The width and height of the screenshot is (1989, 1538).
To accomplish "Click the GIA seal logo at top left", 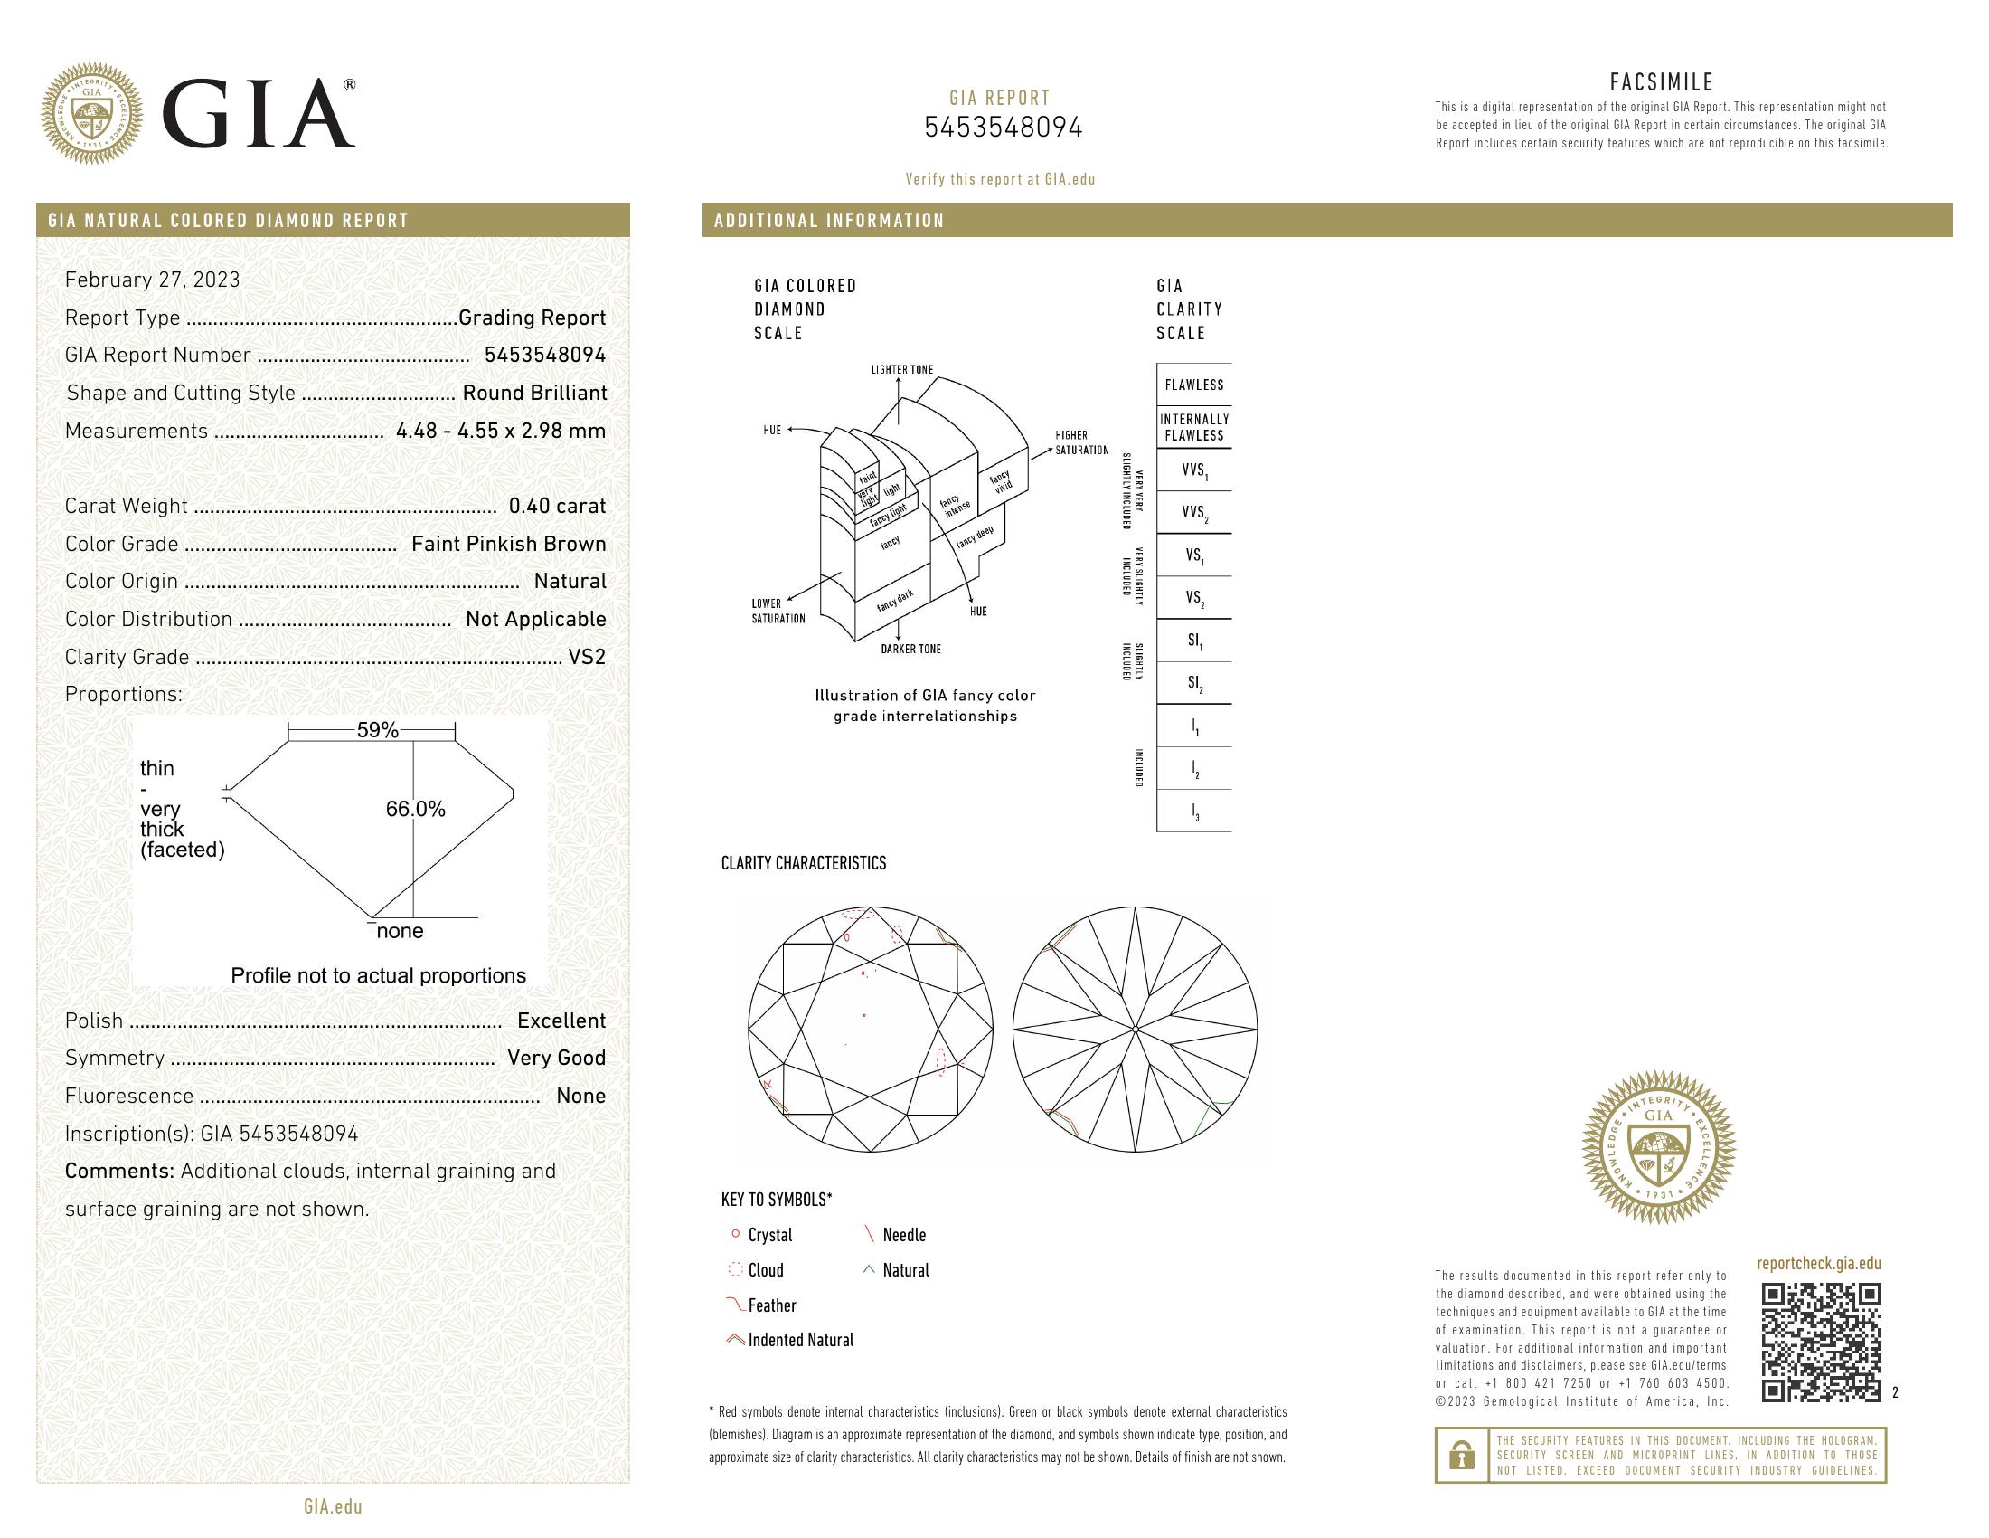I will pyautogui.click(x=92, y=113).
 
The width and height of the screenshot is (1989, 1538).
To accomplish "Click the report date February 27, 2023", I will pyautogui.click(x=152, y=280).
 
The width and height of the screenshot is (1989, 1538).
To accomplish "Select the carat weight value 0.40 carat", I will pyautogui.click(x=556, y=506).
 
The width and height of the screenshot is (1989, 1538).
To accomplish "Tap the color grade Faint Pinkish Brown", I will pyautogui.click(x=508, y=544).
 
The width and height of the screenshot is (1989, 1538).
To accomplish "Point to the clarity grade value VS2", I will pyautogui.click(x=587, y=657).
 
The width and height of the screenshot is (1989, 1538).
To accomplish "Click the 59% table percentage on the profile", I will pyautogui.click(x=377, y=730).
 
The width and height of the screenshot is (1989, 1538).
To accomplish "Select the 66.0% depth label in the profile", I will pyautogui.click(x=415, y=809).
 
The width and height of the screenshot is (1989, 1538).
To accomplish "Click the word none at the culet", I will pyautogui.click(x=400, y=931).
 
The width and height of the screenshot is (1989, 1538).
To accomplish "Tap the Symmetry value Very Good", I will pyautogui.click(x=555, y=1058).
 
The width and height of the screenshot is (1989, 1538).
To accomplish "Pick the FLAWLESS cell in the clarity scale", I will pyautogui.click(x=1193, y=384).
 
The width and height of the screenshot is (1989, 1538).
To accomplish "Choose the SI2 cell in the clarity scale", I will pyautogui.click(x=1194, y=683).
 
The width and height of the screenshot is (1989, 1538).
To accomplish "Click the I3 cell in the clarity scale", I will pyautogui.click(x=1194, y=811).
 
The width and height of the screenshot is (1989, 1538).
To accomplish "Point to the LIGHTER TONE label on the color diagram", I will pyautogui.click(x=901, y=370).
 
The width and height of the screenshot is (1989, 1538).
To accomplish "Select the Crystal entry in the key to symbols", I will pyautogui.click(x=769, y=1236).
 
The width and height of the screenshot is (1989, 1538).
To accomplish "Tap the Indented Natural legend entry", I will pyautogui.click(x=799, y=1340).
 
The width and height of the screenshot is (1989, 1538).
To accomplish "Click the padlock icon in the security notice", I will pyautogui.click(x=1461, y=1455).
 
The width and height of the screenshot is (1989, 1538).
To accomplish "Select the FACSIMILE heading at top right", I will pyautogui.click(x=1661, y=83).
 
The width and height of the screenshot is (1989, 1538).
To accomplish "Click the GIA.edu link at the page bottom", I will pyautogui.click(x=333, y=1507).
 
